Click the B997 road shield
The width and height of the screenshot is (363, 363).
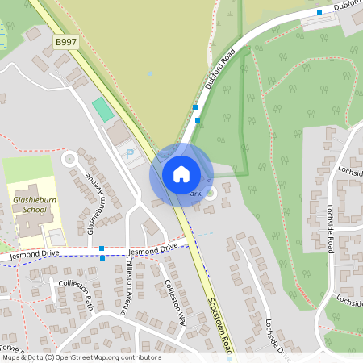(x=66, y=41)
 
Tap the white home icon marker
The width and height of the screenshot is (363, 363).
(x=181, y=174)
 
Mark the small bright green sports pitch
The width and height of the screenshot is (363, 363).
(x=102, y=108)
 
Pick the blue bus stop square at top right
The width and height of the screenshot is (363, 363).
(x=319, y=12)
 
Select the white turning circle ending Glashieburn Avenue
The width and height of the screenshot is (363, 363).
(x=69, y=158)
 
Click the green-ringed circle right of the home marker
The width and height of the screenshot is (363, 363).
(x=211, y=193)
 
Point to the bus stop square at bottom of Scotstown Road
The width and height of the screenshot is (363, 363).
(x=230, y=357)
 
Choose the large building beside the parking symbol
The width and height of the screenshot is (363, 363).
(x=118, y=133)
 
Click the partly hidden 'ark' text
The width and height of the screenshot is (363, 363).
(x=194, y=194)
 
